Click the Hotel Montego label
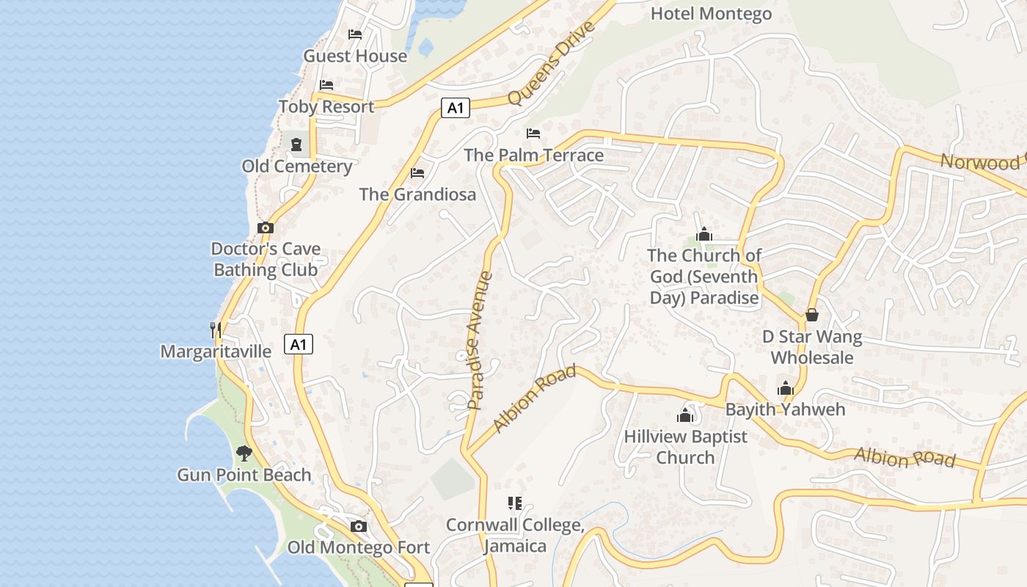(x=711, y=13)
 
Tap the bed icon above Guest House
(x=355, y=34)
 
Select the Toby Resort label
(x=326, y=106)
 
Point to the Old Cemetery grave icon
(x=296, y=145)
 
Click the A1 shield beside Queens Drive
(x=456, y=108)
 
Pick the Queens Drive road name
(x=549, y=63)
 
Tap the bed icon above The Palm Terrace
(x=533, y=134)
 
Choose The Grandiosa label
(x=417, y=194)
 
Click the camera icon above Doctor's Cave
(x=266, y=228)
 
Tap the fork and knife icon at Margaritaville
(x=216, y=330)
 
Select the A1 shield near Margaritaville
(x=299, y=344)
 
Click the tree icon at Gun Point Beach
(x=244, y=453)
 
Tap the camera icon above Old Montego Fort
(x=359, y=526)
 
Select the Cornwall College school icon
(x=515, y=503)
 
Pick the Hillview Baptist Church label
(x=685, y=447)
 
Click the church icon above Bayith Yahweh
(x=786, y=388)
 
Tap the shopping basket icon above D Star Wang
(x=812, y=315)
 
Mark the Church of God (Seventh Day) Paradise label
(x=704, y=277)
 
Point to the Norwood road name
(x=983, y=162)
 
